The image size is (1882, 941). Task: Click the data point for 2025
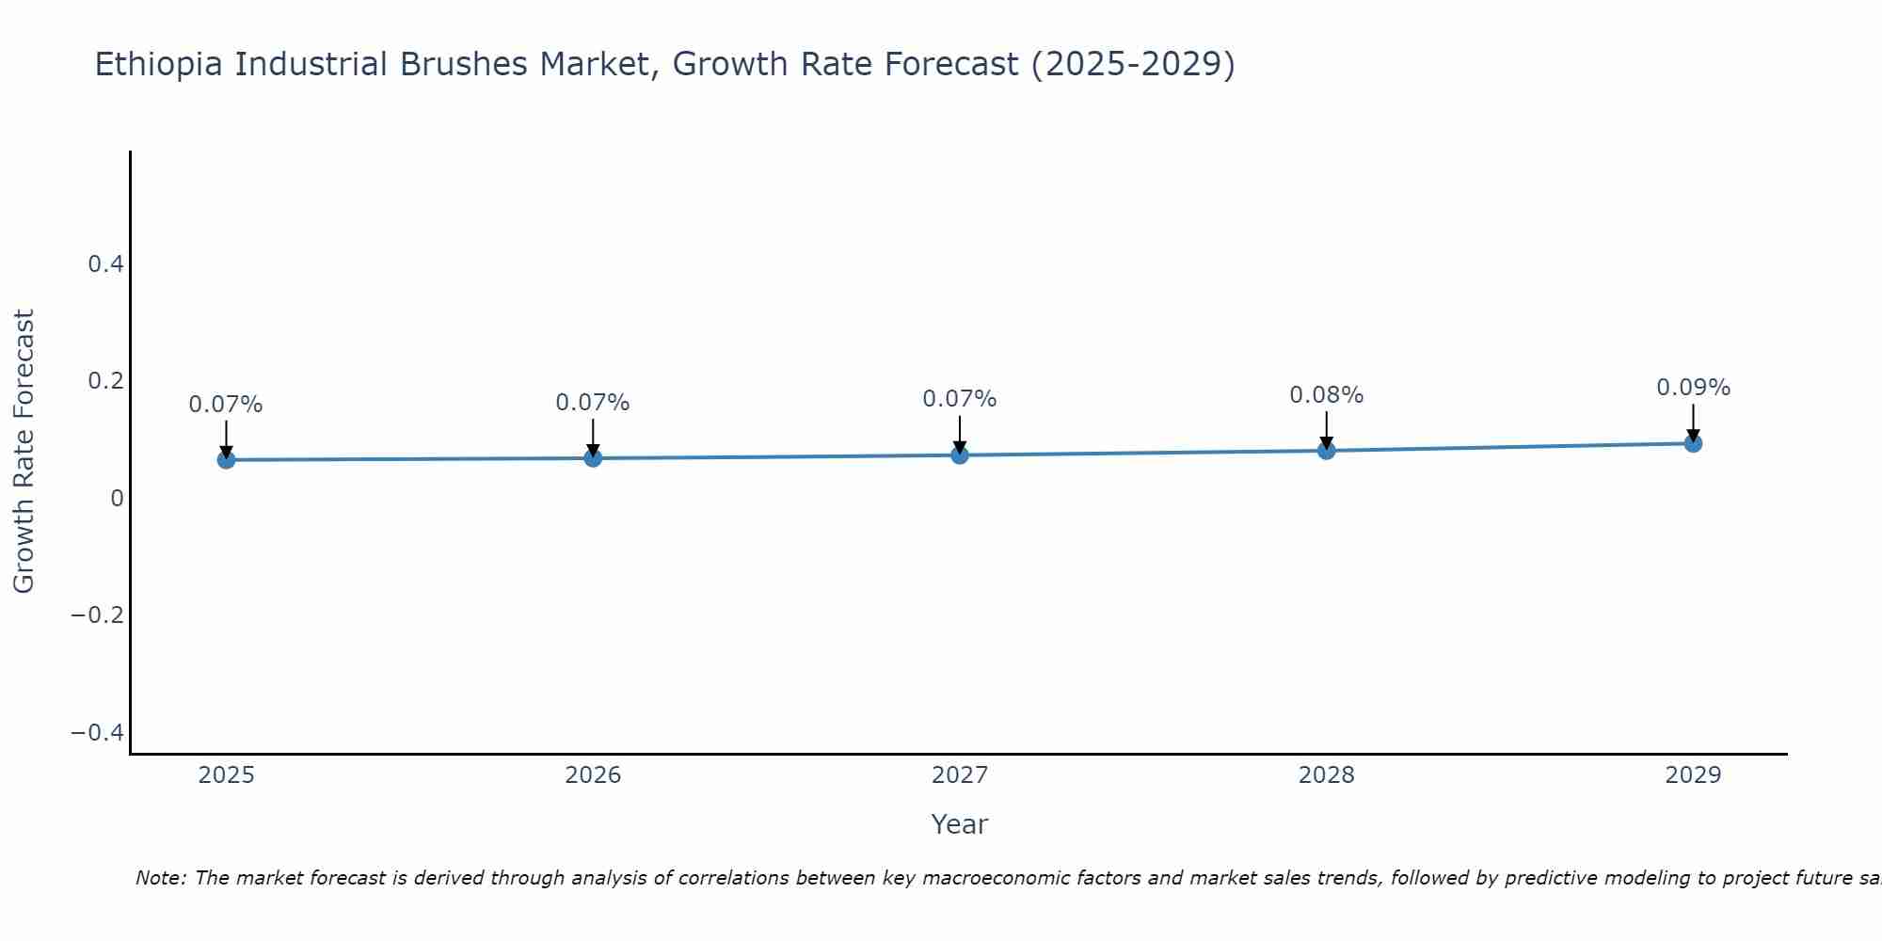click(226, 459)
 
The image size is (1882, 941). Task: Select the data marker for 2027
click(959, 455)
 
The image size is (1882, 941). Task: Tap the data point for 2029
click(1693, 443)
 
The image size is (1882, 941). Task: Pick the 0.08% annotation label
click(1326, 395)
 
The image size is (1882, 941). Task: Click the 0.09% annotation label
click(1693, 388)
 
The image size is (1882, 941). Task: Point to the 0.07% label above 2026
click(592, 403)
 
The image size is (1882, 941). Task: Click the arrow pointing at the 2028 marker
click(1326, 428)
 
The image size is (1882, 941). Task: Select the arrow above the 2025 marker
click(226, 438)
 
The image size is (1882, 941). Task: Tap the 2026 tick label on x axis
click(592, 775)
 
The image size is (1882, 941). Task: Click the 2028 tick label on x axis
click(1326, 775)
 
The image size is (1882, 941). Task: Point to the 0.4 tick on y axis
click(105, 264)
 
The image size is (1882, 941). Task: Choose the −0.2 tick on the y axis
click(97, 615)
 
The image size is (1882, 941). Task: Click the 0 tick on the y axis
click(117, 499)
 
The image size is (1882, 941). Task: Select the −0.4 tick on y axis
click(97, 733)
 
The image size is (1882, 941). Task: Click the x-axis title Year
click(959, 824)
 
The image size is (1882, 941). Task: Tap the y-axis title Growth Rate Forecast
click(24, 452)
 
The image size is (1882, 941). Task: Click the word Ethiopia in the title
click(159, 64)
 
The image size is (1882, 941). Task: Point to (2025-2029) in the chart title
click(1133, 64)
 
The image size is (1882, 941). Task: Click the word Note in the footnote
click(160, 878)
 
